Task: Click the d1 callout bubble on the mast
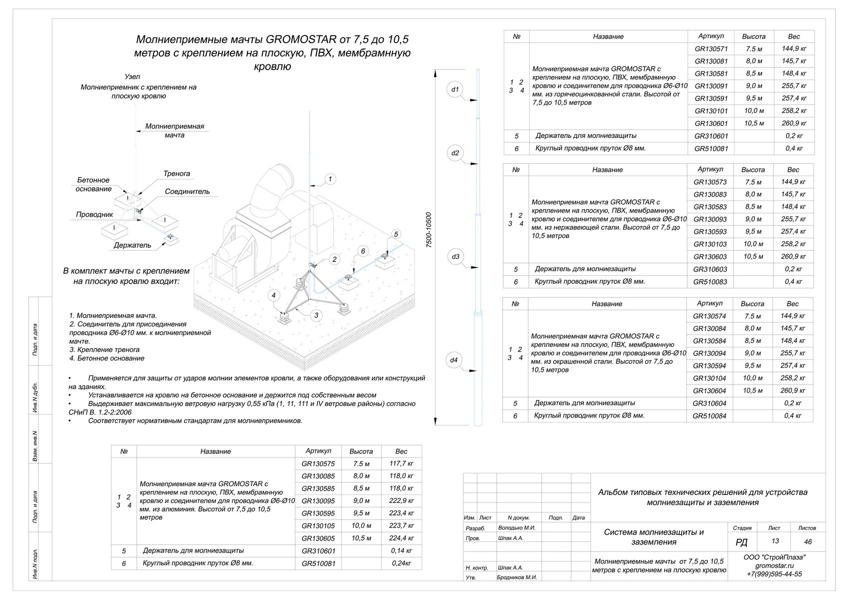[x=455, y=90]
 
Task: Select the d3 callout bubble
[x=455, y=257]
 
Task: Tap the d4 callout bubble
[x=454, y=360]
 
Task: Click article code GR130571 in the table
[x=711, y=49]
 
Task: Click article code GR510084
[x=709, y=416]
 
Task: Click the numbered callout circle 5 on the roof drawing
[x=396, y=234]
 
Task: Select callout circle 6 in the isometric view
[x=363, y=251]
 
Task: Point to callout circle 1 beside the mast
[x=330, y=179]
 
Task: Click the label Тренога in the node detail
[x=177, y=174]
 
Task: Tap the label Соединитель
[x=187, y=191]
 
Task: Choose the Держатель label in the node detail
[x=132, y=245]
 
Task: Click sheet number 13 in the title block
[x=775, y=541]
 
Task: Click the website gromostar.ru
[x=774, y=565]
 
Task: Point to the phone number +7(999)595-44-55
[x=774, y=574]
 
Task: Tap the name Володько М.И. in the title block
[x=517, y=527]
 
